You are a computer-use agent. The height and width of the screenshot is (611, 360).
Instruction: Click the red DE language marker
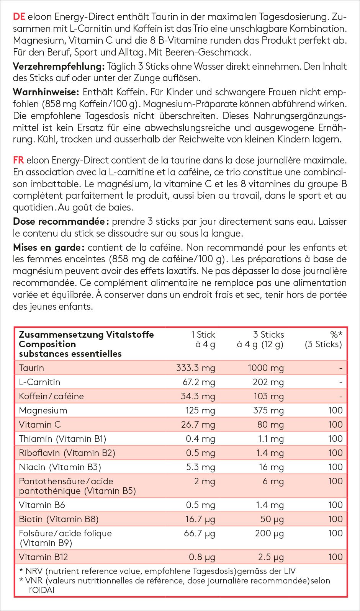[19, 17]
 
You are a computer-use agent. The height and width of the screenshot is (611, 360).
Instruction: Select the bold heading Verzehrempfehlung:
[59, 67]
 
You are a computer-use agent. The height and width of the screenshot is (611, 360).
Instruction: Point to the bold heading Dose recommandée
[59, 222]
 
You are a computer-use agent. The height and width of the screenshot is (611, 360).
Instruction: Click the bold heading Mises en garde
[47, 248]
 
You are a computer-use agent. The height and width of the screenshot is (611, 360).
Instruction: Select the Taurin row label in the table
[31, 368]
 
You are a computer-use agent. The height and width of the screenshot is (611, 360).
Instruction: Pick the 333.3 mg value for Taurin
[195, 368]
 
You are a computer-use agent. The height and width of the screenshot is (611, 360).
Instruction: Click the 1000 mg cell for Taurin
[265, 368]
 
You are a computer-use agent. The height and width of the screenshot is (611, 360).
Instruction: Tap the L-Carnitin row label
[39, 382]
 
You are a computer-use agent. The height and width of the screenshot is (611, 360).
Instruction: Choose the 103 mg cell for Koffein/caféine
[268, 397]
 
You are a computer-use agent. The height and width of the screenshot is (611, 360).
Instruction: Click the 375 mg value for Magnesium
[268, 411]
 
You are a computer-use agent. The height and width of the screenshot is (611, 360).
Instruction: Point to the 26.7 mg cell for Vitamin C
[198, 425]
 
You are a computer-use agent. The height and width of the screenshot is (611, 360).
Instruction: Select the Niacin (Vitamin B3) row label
[60, 467]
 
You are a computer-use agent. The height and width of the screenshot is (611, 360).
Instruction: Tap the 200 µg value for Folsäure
[269, 534]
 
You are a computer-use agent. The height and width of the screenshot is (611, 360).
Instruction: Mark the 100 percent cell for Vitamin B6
[335, 505]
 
